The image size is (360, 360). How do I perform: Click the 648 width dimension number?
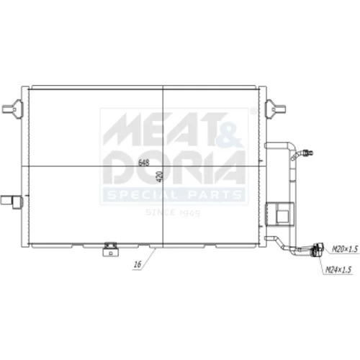click(x=144, y=163)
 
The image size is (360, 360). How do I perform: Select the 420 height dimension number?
click(x=160, y=176)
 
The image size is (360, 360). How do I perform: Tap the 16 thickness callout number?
click(x=138, y=264)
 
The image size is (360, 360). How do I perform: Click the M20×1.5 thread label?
click(x=345, y=249)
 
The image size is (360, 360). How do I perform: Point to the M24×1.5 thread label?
click(x=338, y=270)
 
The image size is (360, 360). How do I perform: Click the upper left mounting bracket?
click(x=12, y=109)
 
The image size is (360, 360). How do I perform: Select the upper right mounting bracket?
click(x=275, y=109)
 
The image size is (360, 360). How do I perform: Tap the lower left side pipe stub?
click(x=12, y=201)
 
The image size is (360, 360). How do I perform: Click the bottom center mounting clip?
click(x=110, y=249)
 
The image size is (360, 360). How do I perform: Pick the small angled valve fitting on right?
click(x=302, y=154)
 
